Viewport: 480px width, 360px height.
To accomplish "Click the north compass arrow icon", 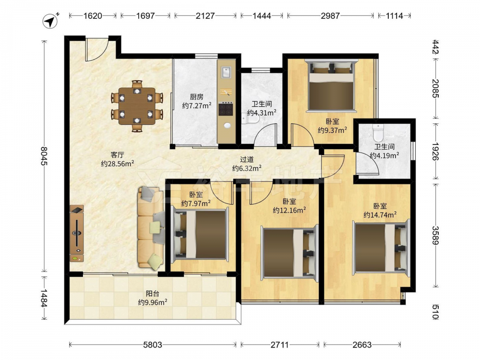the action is [50, 22].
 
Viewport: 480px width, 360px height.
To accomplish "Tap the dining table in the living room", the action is [137, 106].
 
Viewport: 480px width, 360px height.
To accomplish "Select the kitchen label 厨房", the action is [196, 97].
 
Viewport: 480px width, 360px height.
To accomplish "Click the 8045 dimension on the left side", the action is [44, 156].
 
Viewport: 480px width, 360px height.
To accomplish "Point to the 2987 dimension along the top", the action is [330, 16].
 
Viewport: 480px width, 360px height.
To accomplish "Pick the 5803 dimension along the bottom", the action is [153, 345].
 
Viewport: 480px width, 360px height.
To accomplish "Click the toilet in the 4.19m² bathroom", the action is [379, 132].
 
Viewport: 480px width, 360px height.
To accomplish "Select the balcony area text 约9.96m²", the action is [153, 302].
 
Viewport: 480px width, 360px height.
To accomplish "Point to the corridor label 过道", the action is [246, 159].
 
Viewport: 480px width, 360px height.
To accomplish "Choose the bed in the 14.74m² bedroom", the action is [381, 246].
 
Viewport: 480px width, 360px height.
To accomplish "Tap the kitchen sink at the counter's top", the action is [226, 72].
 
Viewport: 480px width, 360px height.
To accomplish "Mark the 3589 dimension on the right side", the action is [435, 235].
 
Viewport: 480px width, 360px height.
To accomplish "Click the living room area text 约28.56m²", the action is [118, 164].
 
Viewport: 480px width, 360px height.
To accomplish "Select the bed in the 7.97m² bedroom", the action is [201, 234].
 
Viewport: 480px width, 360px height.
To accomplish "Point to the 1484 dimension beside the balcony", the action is [44, 298].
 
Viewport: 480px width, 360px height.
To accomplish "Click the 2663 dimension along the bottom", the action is [362, 345].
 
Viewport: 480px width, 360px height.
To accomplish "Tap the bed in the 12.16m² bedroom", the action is [289, 252].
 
